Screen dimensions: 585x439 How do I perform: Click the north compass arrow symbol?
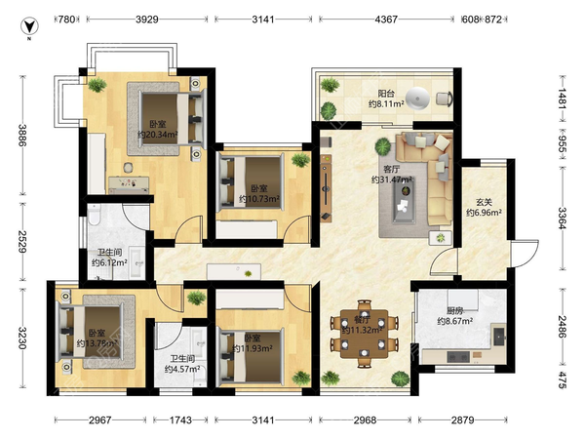pyautogui.click(x=28, y=26)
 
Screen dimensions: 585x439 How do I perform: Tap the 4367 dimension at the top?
pyautogui.click(x=386, y=20)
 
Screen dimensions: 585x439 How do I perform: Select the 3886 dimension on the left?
pyautogui.click(x=23, y=136)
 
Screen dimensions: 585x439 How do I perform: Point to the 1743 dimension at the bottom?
pyautogui.click(x=180, y=420)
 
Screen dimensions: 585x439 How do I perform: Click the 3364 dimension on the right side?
pyautogui.click(x=563, y=218)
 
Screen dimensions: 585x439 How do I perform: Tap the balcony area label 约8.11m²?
pyautogui.click(x=386, y=103)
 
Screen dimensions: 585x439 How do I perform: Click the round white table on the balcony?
pyautogui.click(x=417, y=99)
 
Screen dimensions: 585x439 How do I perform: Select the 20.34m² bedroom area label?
pyautogui.click(x=157, y=135)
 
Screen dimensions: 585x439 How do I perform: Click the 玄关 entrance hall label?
pyautogui.click(x=484, y=202)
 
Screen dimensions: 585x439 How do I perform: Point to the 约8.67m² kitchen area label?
pyautogui.click(x=455, y=321)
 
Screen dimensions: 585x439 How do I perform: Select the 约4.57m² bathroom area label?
pyautogui.click(x=182, y=369)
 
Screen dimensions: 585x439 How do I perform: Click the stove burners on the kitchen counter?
pyautogui.click(x=458, y=357)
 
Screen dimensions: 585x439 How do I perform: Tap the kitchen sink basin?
pyautogui.click(x=499, y=338)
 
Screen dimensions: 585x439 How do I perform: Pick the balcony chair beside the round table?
pyautogui.click(x=444, y=99)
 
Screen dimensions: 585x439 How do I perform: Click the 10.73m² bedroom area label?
pyautogui.click(x=259, y=199)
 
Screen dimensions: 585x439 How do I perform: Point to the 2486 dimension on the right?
pyautogui.click(x=563, y=327)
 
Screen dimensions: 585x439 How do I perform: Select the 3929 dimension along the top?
pyautogui.click(x=147, y=20)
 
